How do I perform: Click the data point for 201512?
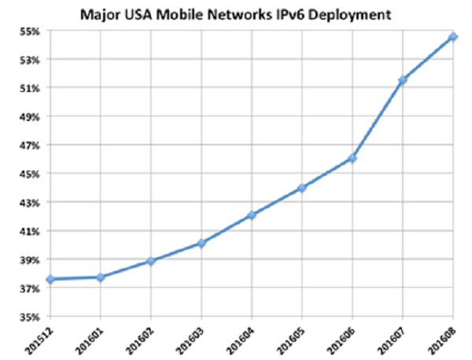[50, 279]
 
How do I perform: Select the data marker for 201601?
[101, 277]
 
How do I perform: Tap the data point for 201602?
[151, 261]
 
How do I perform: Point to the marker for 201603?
[201, 244]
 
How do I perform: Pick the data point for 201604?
[252, 215]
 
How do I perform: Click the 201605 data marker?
[302, 188]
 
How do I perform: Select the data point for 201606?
[352, 158]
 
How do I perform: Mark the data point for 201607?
[403, 80]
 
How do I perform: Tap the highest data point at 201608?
[453, 37]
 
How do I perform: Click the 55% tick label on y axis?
[31, 31]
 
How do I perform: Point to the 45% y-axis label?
[31, 174]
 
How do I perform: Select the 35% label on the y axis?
[31, 317]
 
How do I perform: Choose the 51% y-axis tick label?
[31, 88]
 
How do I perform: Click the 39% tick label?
[31, 259]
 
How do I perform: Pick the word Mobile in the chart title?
[178, 13]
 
